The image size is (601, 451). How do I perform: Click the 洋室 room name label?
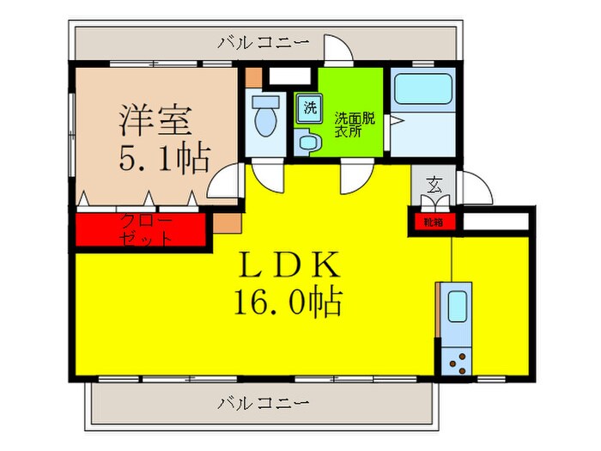coord(155,120)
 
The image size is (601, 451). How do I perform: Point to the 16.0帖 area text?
coord(288,302)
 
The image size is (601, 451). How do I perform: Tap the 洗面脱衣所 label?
coord(354,125)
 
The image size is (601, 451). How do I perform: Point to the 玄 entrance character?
coord(435,184)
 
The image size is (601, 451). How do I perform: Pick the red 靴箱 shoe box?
coord(432,222)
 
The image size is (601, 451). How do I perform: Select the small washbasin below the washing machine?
coord(305,142)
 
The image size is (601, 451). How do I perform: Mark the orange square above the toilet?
coord(252,76)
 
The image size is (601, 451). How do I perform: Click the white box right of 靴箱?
coord(495,222)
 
